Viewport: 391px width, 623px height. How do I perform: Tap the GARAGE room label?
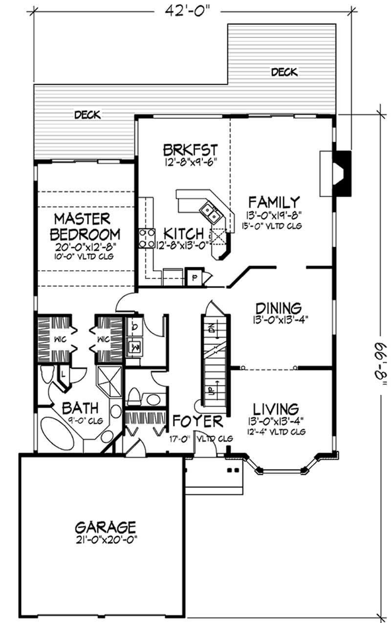coord(105,527)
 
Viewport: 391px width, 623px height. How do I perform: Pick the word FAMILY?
coord(274,202)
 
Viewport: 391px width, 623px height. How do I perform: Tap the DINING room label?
coord(278,309)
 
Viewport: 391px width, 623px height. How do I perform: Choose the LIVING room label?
coord(276,408)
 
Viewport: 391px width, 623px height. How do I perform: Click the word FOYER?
coord(198,421)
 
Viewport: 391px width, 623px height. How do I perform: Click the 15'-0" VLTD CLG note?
coord(274,226)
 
